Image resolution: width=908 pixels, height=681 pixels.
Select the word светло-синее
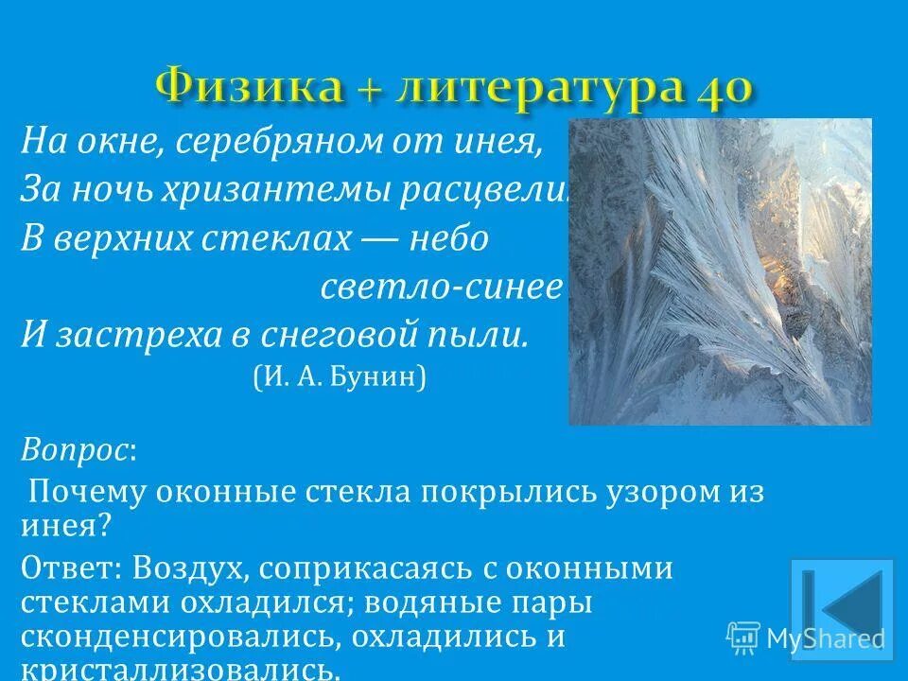click(441, 288)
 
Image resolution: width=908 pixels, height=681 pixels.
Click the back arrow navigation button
click(842, 609)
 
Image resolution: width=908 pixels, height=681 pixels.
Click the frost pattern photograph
click(719, 271)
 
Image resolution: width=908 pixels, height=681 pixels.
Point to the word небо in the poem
click(447, 239)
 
